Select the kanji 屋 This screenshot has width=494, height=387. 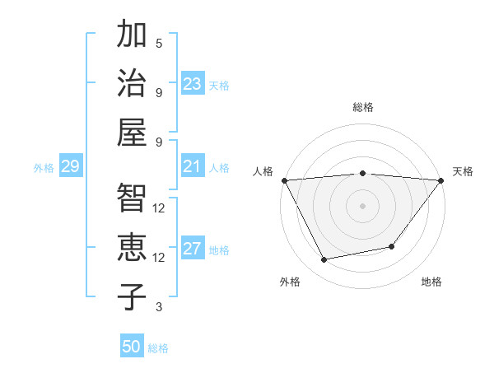[x=132, y=131]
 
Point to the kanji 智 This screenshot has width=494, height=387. [x=132, y=198]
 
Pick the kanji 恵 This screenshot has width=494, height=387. [x=132, y=247]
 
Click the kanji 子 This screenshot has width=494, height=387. [x=132, y=296]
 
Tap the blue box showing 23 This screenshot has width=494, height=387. [x=193, y=84]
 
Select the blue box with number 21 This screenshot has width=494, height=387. [x=193, y=167]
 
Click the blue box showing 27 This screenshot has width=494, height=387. [x=193, y=249]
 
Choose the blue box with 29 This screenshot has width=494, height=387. [x=70, y=167]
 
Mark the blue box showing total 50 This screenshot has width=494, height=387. [x=132, y=347]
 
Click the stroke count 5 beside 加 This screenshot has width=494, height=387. [x=159, y=43]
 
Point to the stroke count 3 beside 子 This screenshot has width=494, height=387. [x=159, y=307]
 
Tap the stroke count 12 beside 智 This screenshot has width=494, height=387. [x=159, y=207]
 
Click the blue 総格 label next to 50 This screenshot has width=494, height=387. [x=158, y=348]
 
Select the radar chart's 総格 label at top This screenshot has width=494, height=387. [x=362, y=107]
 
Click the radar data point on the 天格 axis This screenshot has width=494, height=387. [x=440, y=180]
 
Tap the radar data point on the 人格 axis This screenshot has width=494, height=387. [x=284, y=180]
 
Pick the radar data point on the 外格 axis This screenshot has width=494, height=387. [x=324, y=260]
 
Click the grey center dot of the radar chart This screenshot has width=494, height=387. [x=362, y=205]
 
